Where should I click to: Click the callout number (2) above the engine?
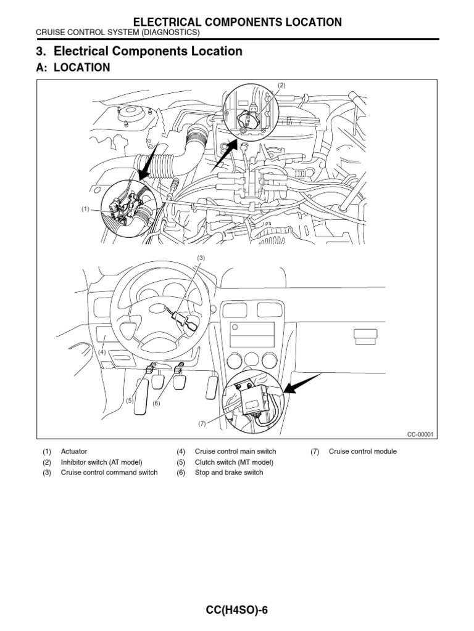[281, 85]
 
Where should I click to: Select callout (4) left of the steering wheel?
[102, 352]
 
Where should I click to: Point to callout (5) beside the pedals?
[130, 401]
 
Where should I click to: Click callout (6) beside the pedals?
[156, 403]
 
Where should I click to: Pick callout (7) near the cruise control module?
[201, 423]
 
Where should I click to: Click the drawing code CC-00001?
[421, 434]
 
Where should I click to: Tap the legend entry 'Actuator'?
[74, 452]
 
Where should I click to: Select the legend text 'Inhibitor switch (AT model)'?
[101, 462]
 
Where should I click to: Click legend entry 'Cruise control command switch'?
[109, 473]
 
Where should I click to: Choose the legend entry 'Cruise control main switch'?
[235, 452]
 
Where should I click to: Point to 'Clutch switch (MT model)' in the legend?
[233, 462]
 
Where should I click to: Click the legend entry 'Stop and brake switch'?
[228, 473]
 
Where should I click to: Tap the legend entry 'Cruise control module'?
[363, 452]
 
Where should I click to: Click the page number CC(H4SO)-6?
[238, 610]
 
